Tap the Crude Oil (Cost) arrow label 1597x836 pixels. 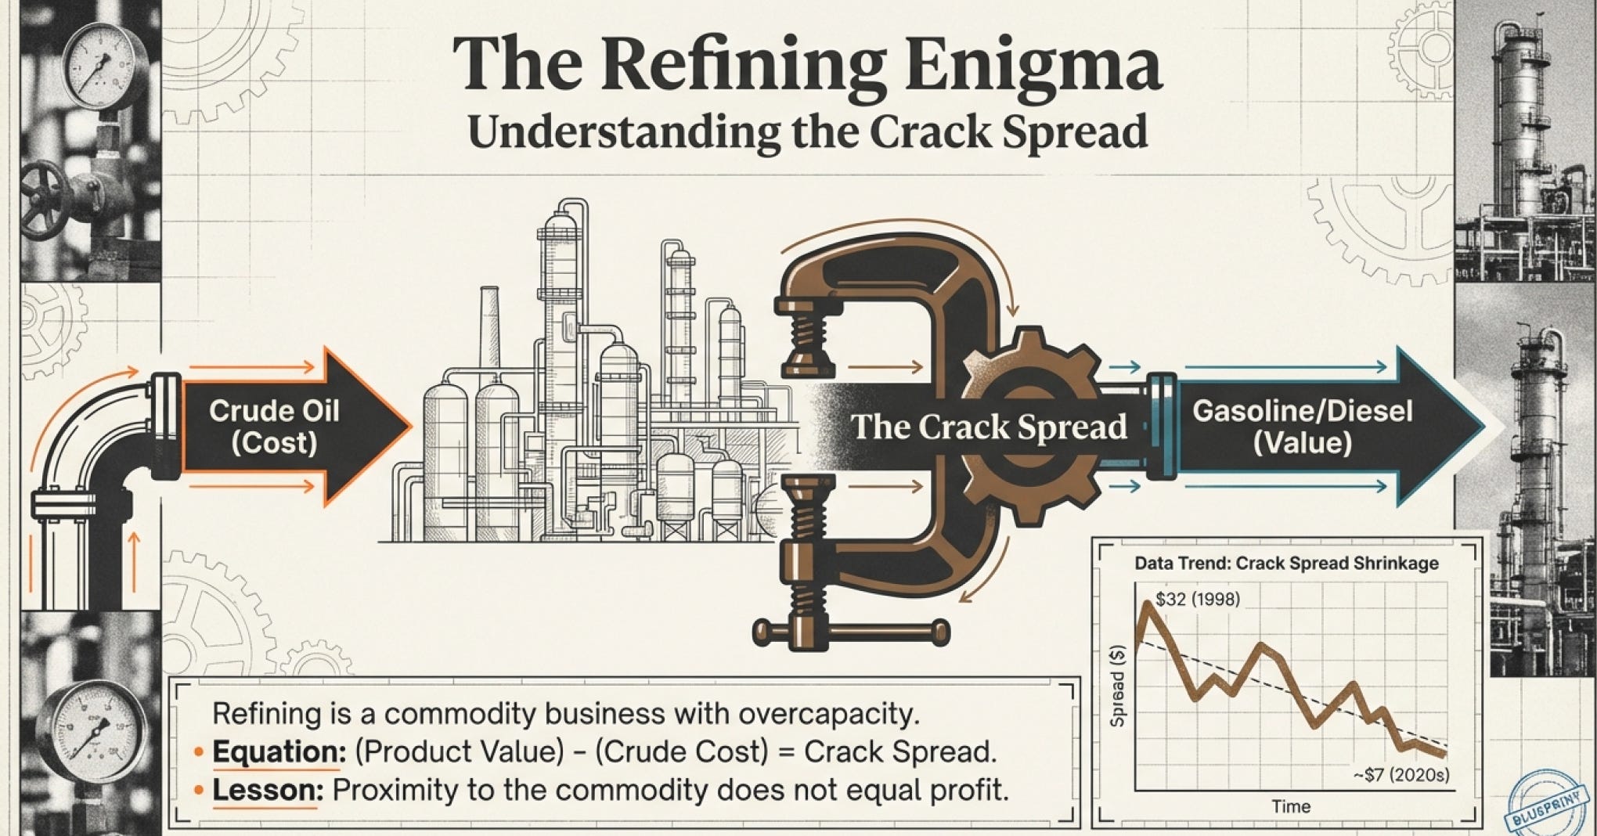tap(274, 427)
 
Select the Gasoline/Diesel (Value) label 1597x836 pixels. tap(1302, 427)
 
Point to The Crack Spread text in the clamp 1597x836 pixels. tap(989, 427)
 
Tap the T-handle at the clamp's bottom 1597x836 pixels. tap(851, 630)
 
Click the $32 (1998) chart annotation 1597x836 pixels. tap(1197, 600)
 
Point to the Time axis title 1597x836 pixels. tap(1291, 806)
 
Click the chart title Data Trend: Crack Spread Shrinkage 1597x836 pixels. tap(1286, 564)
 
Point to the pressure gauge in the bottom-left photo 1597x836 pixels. tap(86, 732)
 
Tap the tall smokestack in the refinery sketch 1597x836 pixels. tap(490, 329)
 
